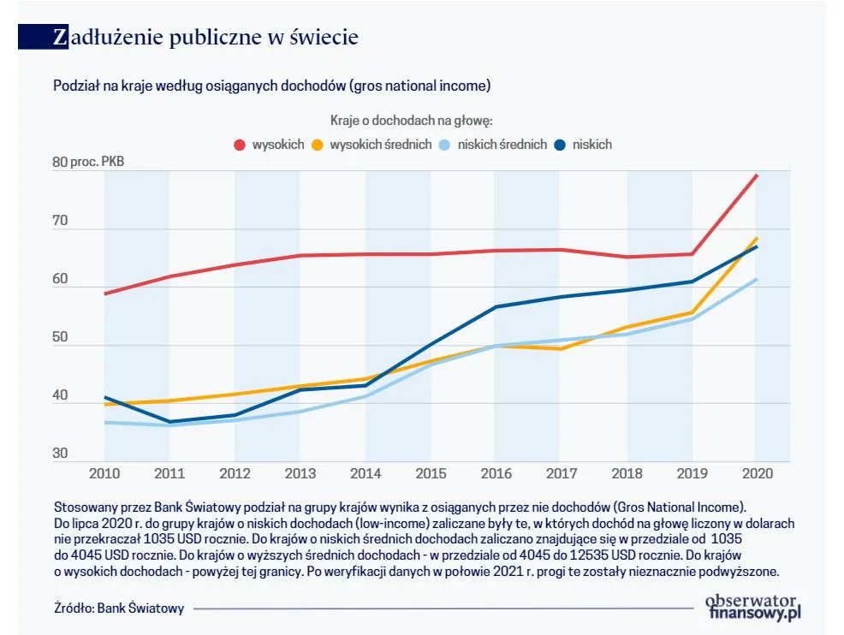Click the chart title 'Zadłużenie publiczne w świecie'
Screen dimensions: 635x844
(x=205, y=38)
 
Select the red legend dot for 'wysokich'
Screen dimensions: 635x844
(x=240, y=145)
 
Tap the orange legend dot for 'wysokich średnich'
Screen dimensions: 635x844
(x=317, y=145)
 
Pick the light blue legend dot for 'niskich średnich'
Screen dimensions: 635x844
(x=445, y=145)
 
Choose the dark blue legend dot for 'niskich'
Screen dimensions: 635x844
(x=561, y=145)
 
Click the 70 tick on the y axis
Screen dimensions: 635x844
(x=60, y=221)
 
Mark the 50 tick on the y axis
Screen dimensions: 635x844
(x=60, y=337)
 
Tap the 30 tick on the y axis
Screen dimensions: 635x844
(x=60, y=454)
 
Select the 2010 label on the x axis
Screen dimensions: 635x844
(x=104, y=472)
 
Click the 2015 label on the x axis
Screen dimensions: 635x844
(x=430, y=472)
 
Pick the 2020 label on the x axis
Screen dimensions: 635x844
(x=755, y=472)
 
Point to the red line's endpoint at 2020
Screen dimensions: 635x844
(x=757, y=175)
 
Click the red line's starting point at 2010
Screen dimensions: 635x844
(x=104, y=294)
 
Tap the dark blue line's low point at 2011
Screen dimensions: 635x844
(x=169, y=422)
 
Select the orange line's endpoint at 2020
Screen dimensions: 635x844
(x=757, y=238)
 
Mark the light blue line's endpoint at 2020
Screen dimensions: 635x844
(x=757, y=279)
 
